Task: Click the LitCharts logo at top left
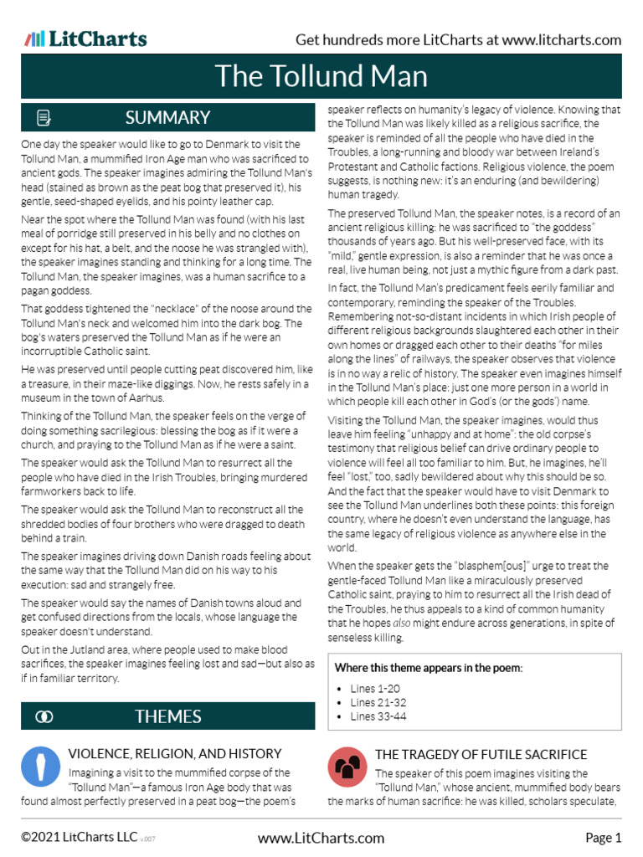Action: pyautogui.click(x=85, y=38)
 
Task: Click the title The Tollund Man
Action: pyautogui.click(x=321, y=76)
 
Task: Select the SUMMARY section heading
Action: pyautogui.click(x=167, y=117)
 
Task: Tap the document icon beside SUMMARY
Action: pyautogui.click(x=44, y=117)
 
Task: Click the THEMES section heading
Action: pyautogui.click(x=167, y=716)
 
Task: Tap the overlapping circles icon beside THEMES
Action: pyautogui.click(x=44, y=716)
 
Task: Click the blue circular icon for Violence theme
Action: pyautogui.click(x=40, y=767)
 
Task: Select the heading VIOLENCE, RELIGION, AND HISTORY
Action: pyautogui.click(x=174, y=754)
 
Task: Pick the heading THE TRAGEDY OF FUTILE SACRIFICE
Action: pyautogui.click(x=481, y=754)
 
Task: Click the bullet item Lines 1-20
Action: pyautogui.click(x=375, y=688)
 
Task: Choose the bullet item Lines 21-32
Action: pyautogui.click(x=378, y=702)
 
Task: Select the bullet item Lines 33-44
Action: pyautogui.click(x=378, y=716)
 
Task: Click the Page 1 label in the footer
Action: pyautogui.click(x=603, y=838)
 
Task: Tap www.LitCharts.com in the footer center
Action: pyautogui.click(x=321, y=838)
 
